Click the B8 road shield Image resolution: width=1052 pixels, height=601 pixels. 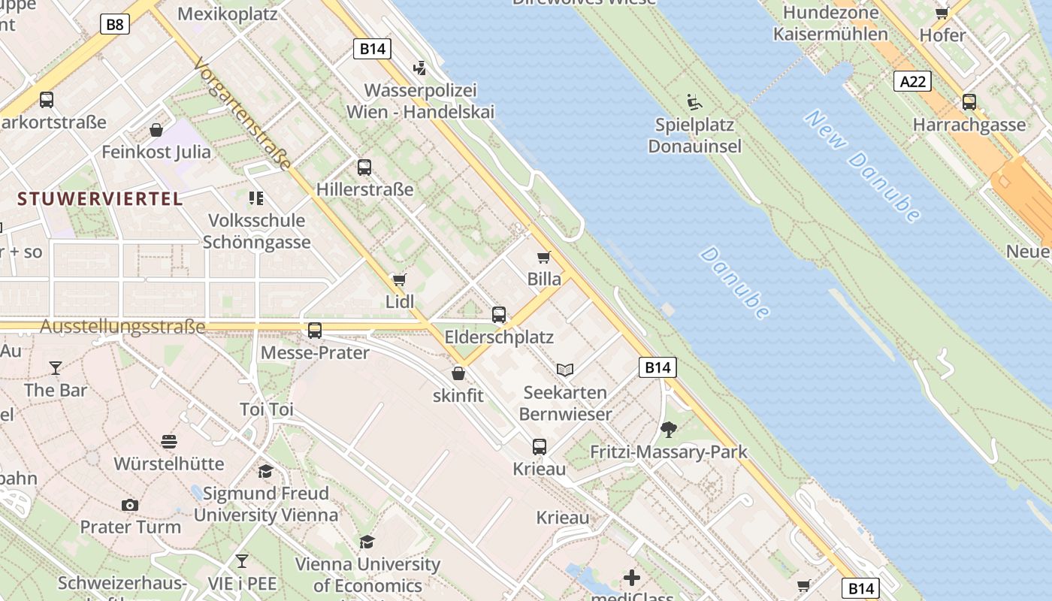114,25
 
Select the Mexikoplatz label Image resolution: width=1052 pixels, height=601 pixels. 227,14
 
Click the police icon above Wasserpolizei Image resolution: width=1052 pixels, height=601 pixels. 419,68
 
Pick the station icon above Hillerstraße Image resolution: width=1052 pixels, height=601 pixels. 364,167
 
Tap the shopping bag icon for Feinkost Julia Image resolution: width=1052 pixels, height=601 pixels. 156,130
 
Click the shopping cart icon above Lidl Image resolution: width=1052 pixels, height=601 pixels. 399,279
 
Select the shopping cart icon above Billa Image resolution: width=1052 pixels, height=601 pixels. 544,257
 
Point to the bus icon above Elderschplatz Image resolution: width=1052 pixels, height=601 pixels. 499,315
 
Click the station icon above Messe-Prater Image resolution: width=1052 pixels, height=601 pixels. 315,330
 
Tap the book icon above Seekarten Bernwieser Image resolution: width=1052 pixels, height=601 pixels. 565,370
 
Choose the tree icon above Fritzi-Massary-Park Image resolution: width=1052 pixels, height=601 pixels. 668,430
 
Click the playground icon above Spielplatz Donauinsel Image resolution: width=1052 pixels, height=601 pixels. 694,101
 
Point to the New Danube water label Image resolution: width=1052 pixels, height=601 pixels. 863,166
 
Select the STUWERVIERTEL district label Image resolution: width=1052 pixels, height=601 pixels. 100,199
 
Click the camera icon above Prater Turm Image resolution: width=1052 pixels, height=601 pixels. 130,505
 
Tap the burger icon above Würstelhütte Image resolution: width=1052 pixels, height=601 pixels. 169,441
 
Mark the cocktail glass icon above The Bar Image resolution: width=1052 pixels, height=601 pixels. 55,367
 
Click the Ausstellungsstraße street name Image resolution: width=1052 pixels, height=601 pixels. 122,327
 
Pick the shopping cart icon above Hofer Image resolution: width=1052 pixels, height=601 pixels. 942,13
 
